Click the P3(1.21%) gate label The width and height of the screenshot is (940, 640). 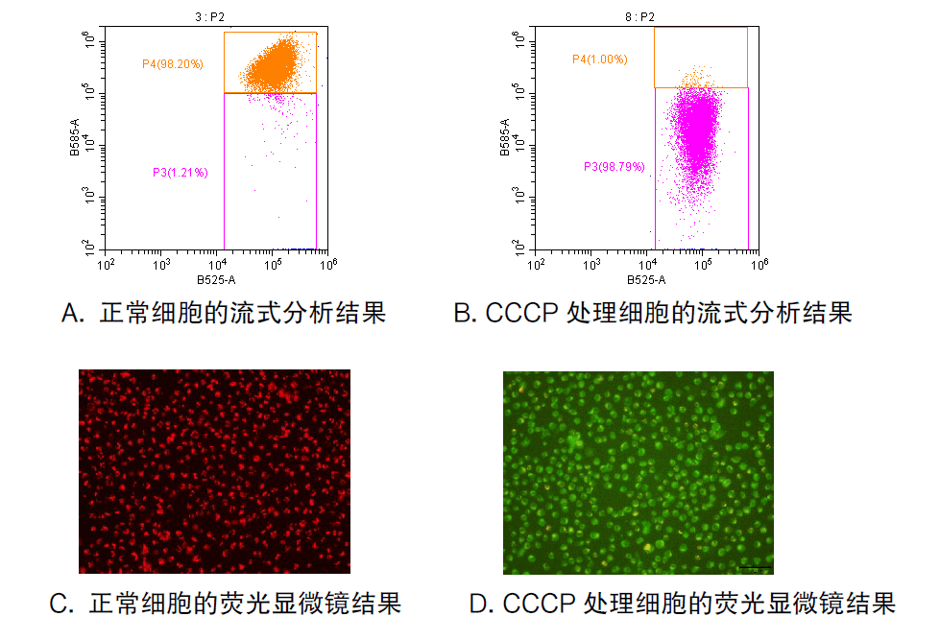coord(180,173)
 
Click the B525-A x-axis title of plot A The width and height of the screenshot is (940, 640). coord(216,280)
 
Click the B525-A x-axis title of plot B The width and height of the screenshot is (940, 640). coord(646,280)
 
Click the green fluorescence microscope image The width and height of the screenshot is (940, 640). coord(638,472)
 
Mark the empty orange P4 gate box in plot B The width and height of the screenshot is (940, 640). coord(701,57)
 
